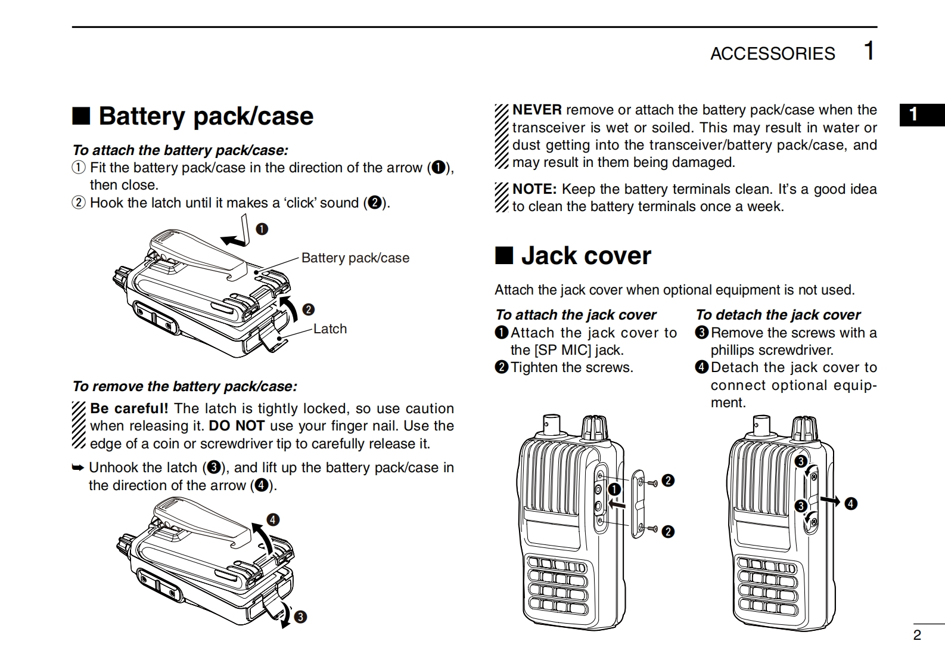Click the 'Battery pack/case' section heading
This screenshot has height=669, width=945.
coord(206,116)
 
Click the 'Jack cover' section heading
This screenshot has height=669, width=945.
coord(586,256)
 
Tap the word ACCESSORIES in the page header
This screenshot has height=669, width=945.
coord(772,54)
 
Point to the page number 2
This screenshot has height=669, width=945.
coord(917,635)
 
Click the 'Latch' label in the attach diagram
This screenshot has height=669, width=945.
coord(330,329)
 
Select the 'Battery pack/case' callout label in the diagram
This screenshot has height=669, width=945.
coord(355,258)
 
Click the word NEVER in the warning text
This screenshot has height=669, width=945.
coord(537,110)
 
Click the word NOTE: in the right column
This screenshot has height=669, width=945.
coord(534,189)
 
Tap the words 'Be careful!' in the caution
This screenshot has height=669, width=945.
coord(129,408)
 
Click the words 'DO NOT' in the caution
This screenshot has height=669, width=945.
coord(237,426)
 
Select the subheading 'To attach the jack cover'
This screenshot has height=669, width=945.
coord(576,314)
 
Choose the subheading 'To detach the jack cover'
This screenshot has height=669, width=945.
coord(778,314)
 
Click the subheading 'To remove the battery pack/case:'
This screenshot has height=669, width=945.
coord(185,386)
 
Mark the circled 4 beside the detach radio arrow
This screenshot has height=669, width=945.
coord(851,504)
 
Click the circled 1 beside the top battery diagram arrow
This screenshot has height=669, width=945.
coord(262,229)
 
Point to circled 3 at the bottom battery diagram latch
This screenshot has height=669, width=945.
coord(301,617)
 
